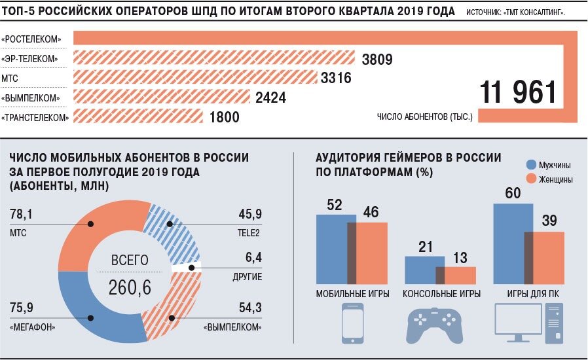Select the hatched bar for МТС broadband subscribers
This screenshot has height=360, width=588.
(x=196, y=79)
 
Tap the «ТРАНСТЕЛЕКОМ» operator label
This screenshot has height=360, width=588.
(x=35, y=118)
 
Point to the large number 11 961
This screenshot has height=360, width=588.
(x=518, y=94)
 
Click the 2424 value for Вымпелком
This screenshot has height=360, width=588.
(x=270, y=98)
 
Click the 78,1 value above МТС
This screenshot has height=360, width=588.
(x=22, y=215)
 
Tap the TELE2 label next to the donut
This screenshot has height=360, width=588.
(x=249, y=233)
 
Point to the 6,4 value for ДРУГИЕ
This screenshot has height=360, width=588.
(x=251, y=258)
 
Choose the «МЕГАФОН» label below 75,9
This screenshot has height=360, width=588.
(x=32, y=327)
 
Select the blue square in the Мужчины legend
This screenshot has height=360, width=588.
(x=532, y=164)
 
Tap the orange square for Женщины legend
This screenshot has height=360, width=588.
(x=532, y=179)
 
